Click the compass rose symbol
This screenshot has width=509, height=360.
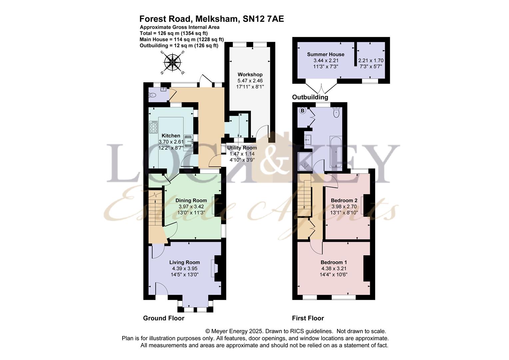[172, 62]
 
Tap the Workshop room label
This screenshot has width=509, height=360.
[250, 74]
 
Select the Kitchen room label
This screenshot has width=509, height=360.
[171, 136]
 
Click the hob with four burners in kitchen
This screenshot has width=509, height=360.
[154, 127]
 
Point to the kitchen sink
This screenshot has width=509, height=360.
[189, 140]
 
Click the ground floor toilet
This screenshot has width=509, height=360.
[153, 95]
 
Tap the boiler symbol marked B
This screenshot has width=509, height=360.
[303, 111]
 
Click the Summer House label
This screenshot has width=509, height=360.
[325, 54]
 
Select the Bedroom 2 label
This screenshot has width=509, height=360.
[344, 200]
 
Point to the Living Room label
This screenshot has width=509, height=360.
[185, 262]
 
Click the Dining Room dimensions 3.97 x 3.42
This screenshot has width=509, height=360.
[191, 206]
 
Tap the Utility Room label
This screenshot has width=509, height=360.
[242, 148]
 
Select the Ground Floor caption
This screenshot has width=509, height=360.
[164, 318]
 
